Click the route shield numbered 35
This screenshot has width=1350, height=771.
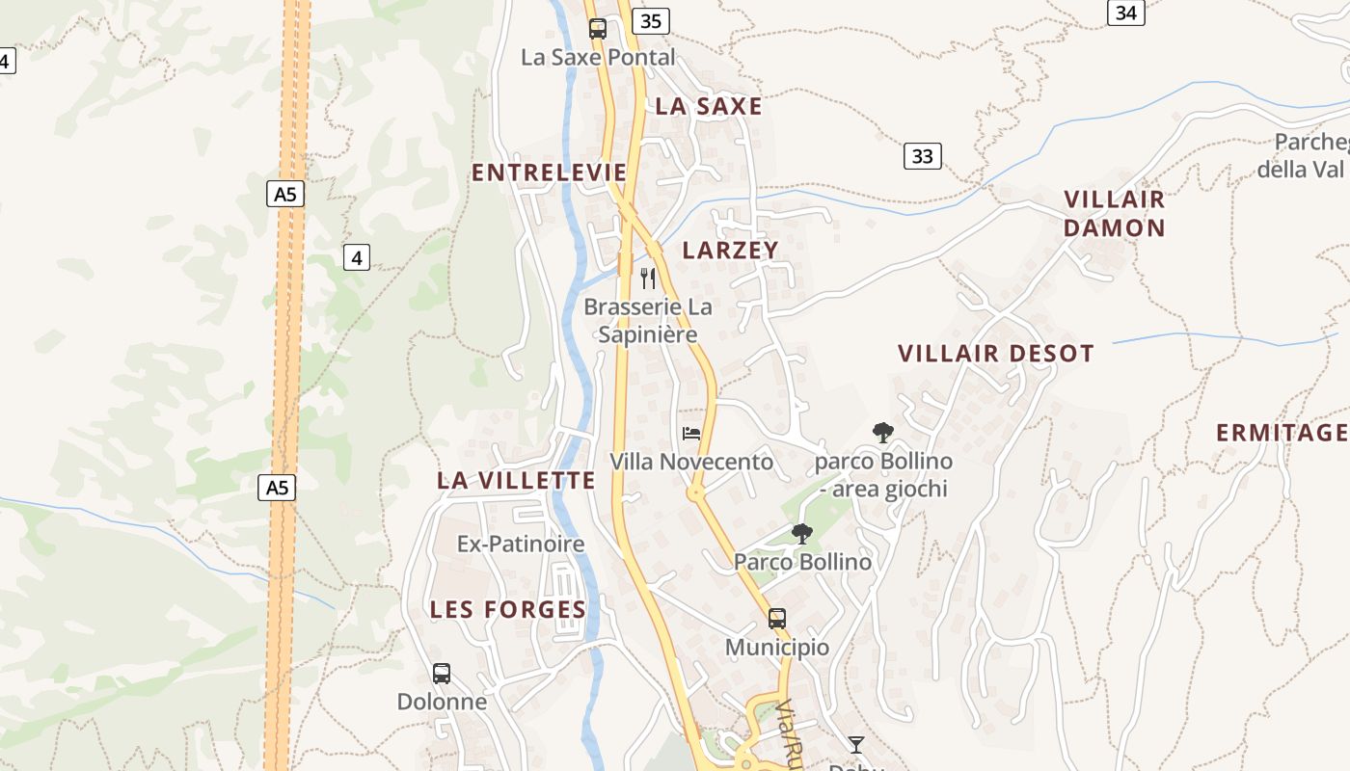pos(651,21)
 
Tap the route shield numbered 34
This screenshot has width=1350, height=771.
pos(1125,13)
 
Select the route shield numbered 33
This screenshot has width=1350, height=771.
pos(922,156)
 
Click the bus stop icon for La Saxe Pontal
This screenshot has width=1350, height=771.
pos(598,29)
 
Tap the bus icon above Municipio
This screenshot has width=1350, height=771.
pos(777,619)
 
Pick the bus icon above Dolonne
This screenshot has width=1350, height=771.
pos(442,674)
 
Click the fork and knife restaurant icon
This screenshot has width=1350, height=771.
pos(648,279)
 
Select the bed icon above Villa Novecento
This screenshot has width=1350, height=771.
pos(691,434)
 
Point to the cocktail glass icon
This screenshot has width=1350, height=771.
pos(855,744)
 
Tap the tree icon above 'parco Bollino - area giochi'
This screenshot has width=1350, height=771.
pos(882,433)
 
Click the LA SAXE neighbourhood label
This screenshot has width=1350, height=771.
pos(709,107)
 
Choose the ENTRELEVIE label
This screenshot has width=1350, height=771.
pos(549,173)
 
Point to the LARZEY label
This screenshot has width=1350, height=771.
pos(730,251)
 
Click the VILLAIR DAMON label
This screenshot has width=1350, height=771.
pos(1115,214)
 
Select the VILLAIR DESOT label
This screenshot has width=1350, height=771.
pos(996,354)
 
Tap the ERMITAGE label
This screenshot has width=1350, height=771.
pos(1282,433)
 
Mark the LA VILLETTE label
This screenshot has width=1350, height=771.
pos(516,480)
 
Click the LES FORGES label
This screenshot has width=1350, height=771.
pos(508,609)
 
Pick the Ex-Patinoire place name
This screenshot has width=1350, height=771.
pos(521,545)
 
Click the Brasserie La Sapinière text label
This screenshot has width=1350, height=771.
pos(648,321)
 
